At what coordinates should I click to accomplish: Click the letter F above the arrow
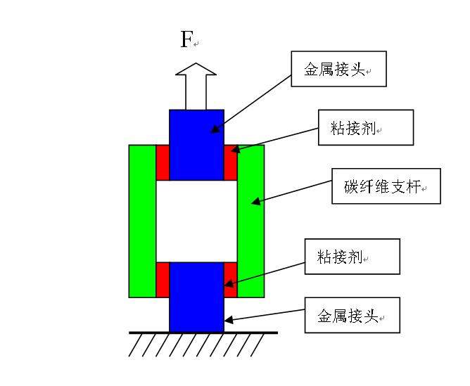186,39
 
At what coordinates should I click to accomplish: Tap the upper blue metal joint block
196,144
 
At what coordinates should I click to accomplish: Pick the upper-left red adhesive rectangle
162,163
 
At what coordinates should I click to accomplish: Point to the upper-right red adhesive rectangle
230,163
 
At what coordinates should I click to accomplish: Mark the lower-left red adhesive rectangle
162,280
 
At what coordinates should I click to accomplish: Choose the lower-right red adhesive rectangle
230,280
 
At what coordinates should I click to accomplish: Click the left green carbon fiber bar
142,221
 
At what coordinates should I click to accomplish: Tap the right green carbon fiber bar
250,221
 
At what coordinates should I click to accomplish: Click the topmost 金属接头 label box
338,69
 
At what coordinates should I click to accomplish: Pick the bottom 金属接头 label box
352,314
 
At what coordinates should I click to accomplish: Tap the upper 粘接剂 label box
365,127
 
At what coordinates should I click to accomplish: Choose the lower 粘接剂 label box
352,256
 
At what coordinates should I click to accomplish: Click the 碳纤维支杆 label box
386,186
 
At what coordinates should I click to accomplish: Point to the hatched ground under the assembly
196,344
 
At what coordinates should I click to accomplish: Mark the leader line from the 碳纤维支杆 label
292,194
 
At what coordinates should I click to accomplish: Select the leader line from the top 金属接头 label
253,101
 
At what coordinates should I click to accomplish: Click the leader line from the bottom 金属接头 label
264,317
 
